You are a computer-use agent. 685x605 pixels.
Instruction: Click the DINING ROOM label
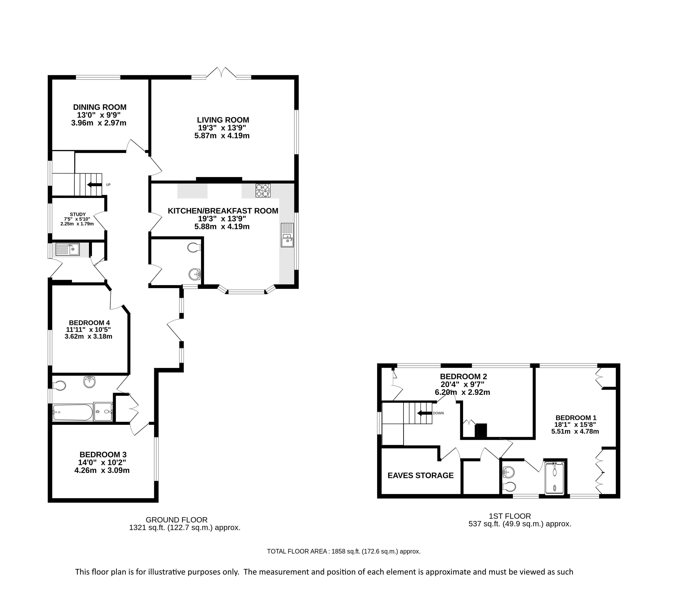coord(100,107)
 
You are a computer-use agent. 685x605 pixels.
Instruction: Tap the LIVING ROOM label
coord(223,120)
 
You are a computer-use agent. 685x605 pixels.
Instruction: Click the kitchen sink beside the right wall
coord(287,235)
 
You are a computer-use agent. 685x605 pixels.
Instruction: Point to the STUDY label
coord(78,214)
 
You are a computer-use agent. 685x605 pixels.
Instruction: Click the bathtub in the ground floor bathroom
coord(72,412)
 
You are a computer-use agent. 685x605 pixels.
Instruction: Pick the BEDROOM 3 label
coord(103,455)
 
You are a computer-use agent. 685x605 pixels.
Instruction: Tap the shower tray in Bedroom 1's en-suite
coord(555,478)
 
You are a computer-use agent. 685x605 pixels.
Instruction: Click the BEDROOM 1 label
coord(576,418)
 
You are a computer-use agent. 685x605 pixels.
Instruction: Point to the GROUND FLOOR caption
coord(177,520)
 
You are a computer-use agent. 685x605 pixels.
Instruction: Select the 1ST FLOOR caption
coord(510,516)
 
